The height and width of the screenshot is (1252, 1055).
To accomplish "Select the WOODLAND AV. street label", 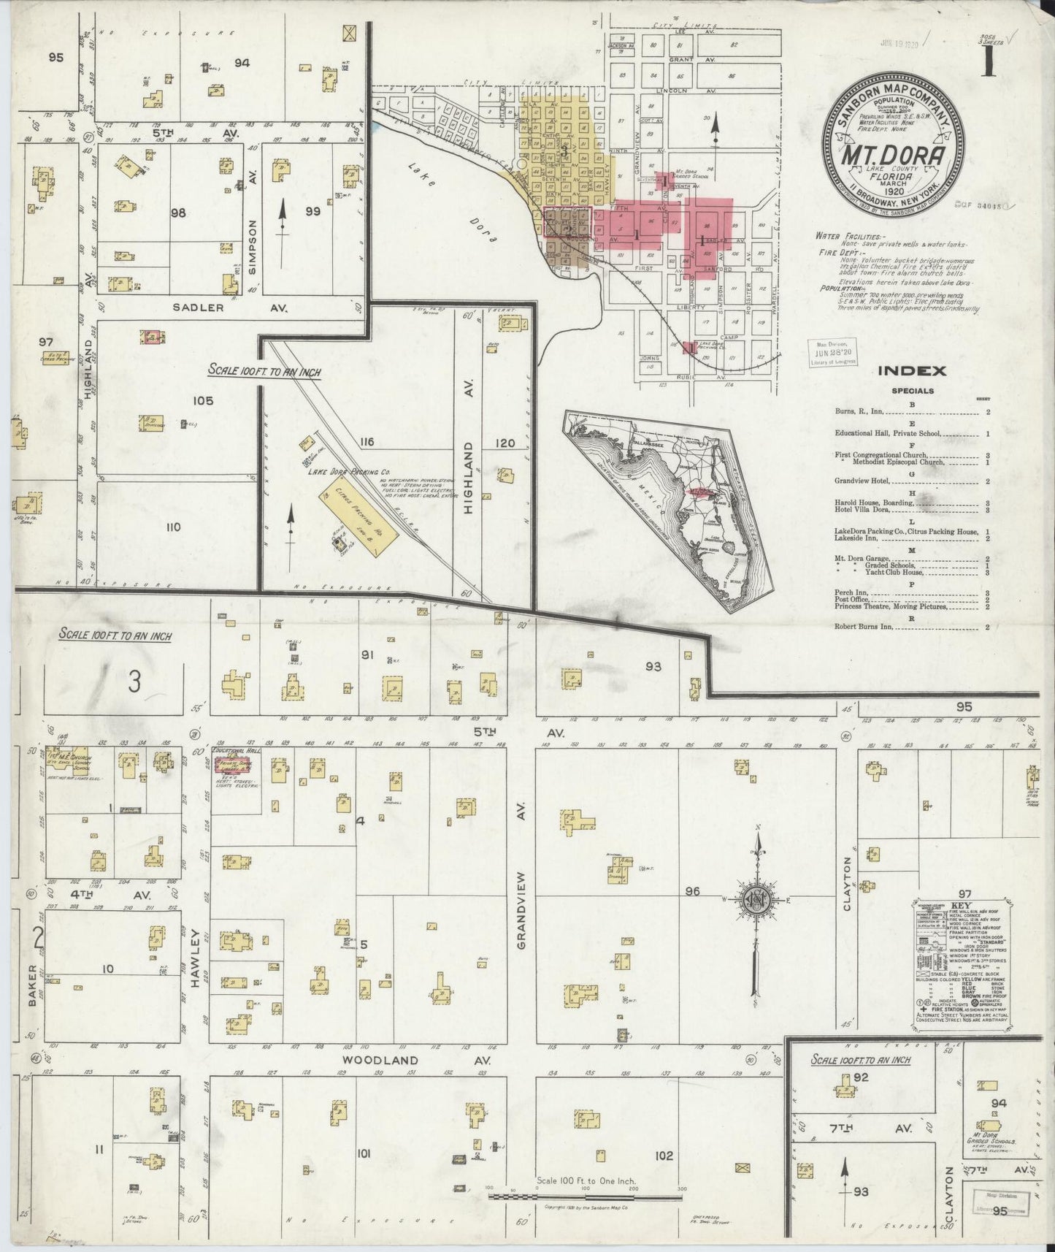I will (381, 1060).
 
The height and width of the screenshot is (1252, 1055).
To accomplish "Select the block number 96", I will (693, 891).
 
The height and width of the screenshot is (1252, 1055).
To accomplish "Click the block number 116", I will (366, 442).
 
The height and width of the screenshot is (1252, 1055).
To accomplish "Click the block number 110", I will (172, 527).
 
